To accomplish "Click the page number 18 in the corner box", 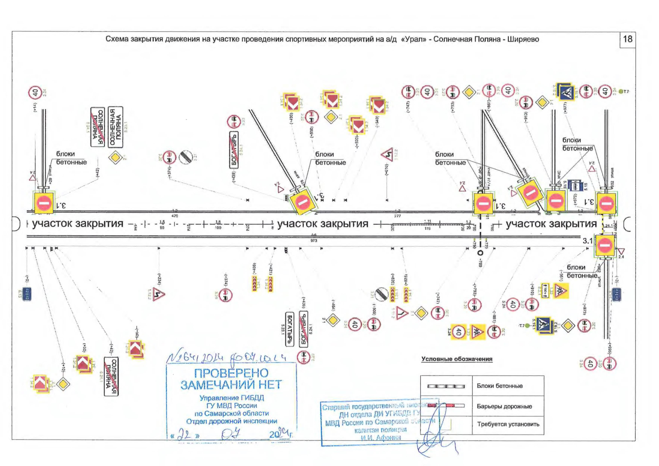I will point(628,39).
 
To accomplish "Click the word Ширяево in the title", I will point(523,39).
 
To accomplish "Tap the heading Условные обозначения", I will point(457,359).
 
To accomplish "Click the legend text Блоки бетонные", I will point(499,386).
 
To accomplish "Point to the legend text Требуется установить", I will point(508,424).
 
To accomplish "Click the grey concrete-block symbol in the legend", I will point(446,386).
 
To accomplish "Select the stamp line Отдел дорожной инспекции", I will point(231,421).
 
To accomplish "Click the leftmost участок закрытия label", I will point(78,224).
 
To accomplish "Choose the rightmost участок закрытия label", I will point(551,224).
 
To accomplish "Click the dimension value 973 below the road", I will point(314,241).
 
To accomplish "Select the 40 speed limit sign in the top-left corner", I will point(35,93).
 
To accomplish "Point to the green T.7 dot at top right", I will point(621,92).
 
